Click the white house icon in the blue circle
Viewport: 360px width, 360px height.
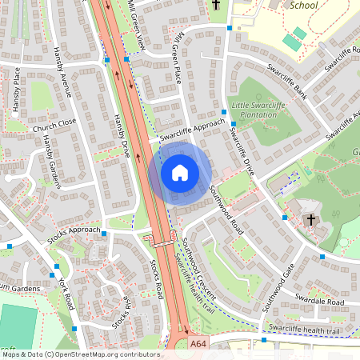180,173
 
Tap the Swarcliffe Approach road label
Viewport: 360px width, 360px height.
193,130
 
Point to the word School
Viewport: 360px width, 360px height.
304,5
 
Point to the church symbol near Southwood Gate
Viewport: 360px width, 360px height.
311,219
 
